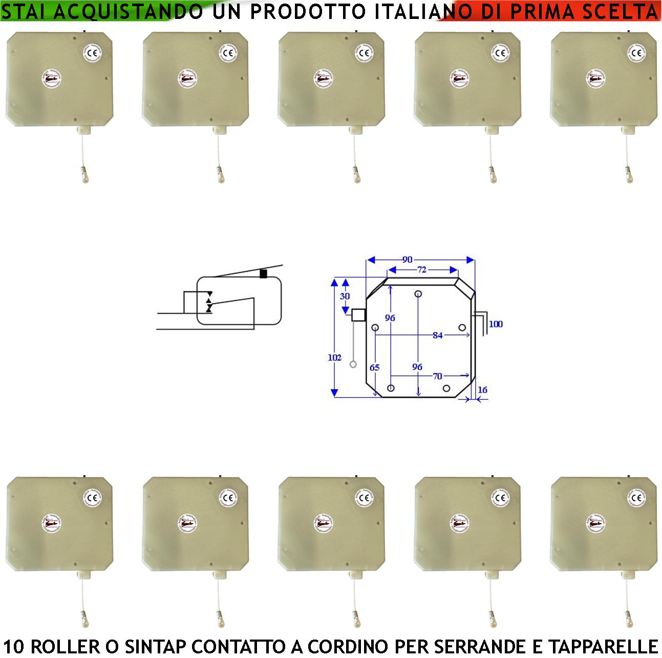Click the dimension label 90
(x=407, y=260)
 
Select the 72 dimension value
(x=421, y=270)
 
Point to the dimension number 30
(x=345, y=296)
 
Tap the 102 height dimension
(x=334, y=357)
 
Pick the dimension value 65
(x=374, y=368)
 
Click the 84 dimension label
(x=437, y=336)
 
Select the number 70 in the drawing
(x=437, y=376)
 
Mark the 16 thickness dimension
(x=482, y=390)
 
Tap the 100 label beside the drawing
(x=496, y=324)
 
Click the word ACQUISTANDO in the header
(x=126, y=12)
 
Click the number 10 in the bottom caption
(x=13, y=646)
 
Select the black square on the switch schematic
(x=263, y=274)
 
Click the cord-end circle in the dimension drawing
(x=353, y=365)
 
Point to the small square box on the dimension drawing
(x=358, y=314)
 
